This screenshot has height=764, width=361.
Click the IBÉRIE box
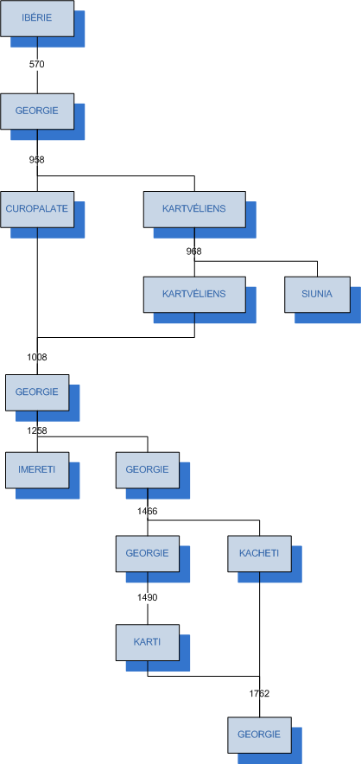(37, 18)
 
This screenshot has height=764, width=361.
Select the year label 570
(37, 64)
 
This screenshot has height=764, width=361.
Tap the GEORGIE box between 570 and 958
(37, 111)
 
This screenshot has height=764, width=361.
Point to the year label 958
(37, 159)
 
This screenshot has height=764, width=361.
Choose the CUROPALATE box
(37, 209)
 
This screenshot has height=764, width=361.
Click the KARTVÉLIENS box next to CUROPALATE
(194, 209)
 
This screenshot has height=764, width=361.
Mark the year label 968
(194, 251)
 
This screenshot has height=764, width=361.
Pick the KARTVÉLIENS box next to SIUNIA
(194, 295)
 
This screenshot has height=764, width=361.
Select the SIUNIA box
(317, 295)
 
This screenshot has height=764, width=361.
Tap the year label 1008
(37, 357)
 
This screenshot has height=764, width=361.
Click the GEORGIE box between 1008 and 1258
(37, 392)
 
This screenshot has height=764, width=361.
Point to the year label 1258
(37, 430)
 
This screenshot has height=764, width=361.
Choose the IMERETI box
(37, 470)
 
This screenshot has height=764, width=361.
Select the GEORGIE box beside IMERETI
(147, 470)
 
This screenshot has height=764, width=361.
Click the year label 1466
(147, 511)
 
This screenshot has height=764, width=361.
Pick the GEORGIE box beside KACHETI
(147, 553)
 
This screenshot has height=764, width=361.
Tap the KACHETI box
(259, 553)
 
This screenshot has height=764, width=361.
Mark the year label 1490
(147, 597)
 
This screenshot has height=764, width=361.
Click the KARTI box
(147, 643)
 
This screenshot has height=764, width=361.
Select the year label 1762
(259, 693)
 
